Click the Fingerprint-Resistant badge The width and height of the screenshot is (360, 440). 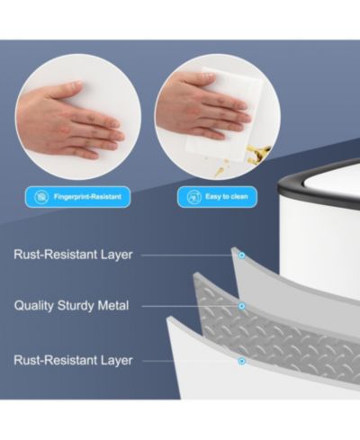point(77,197)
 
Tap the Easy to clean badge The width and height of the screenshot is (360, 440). point(217,197)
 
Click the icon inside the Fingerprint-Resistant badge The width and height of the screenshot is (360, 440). point(41,197)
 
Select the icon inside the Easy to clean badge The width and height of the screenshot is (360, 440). point(194,197)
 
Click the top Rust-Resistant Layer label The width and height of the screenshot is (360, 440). point(73,255)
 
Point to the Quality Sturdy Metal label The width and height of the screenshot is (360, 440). point(71,306)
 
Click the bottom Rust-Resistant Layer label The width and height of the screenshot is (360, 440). point(73,360)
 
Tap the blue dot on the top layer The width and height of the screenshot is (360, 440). point(241,256)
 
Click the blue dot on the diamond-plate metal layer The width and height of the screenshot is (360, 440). point(241,306)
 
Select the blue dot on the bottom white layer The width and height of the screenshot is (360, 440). point(241,361)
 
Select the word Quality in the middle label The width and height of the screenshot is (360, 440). point(34,306)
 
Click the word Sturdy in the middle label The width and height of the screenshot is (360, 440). point(76,306)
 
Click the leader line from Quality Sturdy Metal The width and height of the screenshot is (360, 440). point(190,306)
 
